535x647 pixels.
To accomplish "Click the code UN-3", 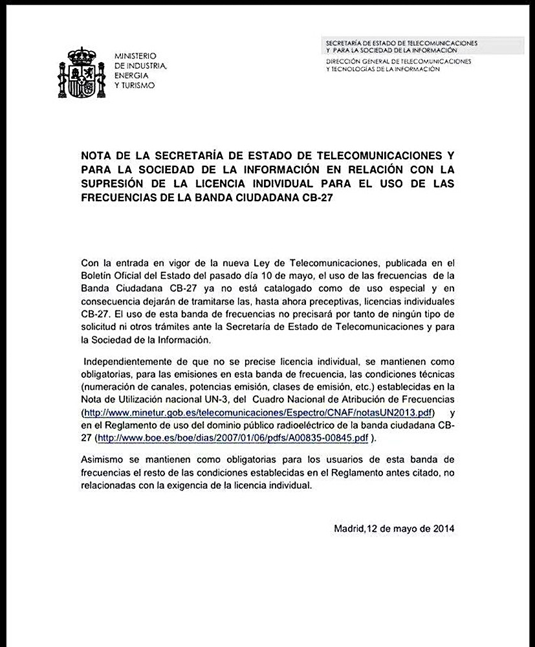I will pyautogui.click(x=195, y=400).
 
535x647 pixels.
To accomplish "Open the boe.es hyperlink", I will pyautogui.click(x=233, y=438).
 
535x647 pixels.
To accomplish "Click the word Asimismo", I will pyautogui.click(x=103, y=461).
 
